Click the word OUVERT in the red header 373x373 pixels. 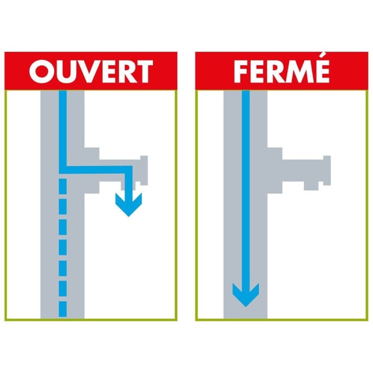point(91,71)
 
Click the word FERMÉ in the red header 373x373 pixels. point(282,71)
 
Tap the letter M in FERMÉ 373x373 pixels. point(297,71)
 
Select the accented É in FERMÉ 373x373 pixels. point(321,70)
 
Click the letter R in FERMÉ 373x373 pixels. point(277,71)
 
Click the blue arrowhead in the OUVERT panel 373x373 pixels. point(128,205)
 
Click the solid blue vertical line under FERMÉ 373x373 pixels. point(245,186)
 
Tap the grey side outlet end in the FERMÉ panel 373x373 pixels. point(325,170)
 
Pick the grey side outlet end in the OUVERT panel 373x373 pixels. point(143,170)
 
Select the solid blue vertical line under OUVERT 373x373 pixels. point(63,126)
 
